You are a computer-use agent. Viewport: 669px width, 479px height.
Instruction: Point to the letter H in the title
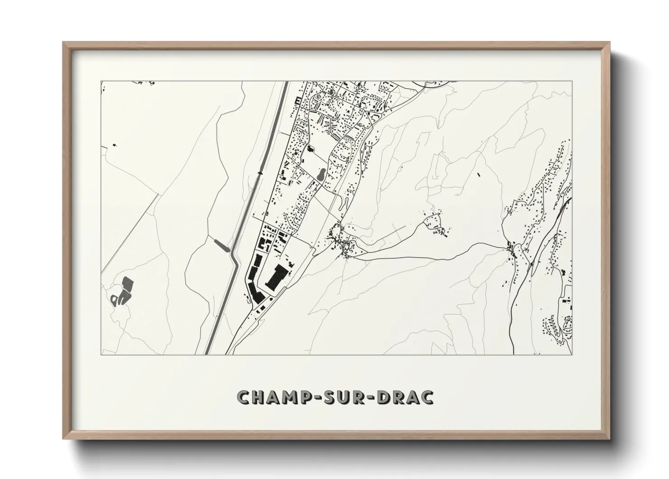point(256,397)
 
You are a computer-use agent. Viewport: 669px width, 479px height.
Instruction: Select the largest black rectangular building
point(275,277)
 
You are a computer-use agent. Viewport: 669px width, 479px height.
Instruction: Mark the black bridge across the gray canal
point(260,173)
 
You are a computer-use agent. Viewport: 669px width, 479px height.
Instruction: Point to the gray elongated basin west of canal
point(222,245)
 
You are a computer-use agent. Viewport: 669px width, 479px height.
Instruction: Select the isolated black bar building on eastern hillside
point(478,173)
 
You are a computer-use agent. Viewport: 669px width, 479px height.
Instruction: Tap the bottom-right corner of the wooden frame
point(610,439)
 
